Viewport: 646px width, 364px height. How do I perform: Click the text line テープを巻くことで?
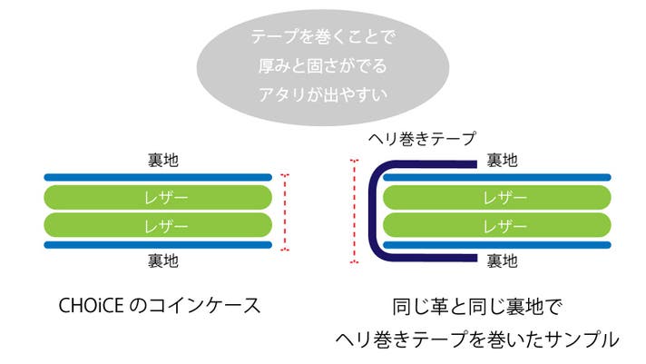325,39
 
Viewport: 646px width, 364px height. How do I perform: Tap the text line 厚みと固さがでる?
325,65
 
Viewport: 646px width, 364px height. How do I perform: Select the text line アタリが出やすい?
325,92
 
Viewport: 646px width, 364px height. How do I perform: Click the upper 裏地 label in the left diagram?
163,161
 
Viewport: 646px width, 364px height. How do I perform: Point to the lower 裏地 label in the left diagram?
163,261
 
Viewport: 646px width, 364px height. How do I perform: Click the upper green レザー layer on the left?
158,197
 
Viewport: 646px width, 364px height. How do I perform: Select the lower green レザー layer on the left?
158,224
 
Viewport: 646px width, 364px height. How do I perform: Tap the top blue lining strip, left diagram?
158,177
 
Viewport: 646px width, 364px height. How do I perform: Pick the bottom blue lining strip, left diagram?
158,245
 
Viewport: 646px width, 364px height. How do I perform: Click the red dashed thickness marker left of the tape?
355,212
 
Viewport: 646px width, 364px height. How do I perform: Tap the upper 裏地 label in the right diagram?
502,161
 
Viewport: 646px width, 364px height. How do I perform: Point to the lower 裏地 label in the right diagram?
502,261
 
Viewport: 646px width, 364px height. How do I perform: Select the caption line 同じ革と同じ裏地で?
476,306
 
